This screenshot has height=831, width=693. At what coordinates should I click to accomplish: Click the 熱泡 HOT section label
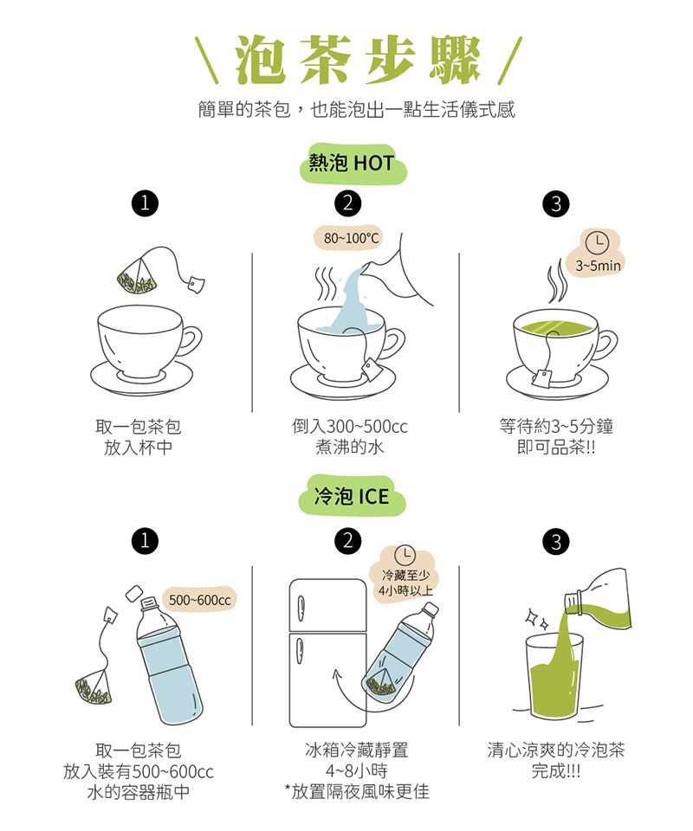(x=352, y=163)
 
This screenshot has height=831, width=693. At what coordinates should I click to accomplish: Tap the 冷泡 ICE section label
(x=352, y=496)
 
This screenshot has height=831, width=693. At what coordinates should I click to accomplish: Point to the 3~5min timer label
(x=598, y=265)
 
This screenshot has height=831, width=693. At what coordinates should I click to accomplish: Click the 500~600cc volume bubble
(x=199, y=600)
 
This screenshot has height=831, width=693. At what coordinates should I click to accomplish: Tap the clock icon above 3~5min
(x=597, y=242)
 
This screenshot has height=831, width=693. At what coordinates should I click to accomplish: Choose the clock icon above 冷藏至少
(x=405, y=556)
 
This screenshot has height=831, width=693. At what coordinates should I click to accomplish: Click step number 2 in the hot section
(x=348, y=203)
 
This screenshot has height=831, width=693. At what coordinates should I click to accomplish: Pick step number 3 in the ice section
(x=556, y=542)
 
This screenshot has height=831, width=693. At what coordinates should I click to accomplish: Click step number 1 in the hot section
(x=145, y=203)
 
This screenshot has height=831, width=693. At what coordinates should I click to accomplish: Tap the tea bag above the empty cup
(x=137, y=275)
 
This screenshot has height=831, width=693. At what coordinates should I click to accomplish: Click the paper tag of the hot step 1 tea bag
(x=196, y=285)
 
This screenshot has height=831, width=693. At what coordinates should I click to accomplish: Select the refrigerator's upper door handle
(x=300, y=609)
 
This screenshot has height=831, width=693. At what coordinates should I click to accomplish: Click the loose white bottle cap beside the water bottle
(x=133, y=594)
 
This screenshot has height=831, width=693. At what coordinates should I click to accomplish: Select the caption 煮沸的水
(x=349, y=448)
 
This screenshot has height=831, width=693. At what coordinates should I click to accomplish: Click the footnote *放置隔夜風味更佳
(x=357, y=792)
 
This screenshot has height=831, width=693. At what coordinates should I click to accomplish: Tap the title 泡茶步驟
(x=358, y=60)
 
